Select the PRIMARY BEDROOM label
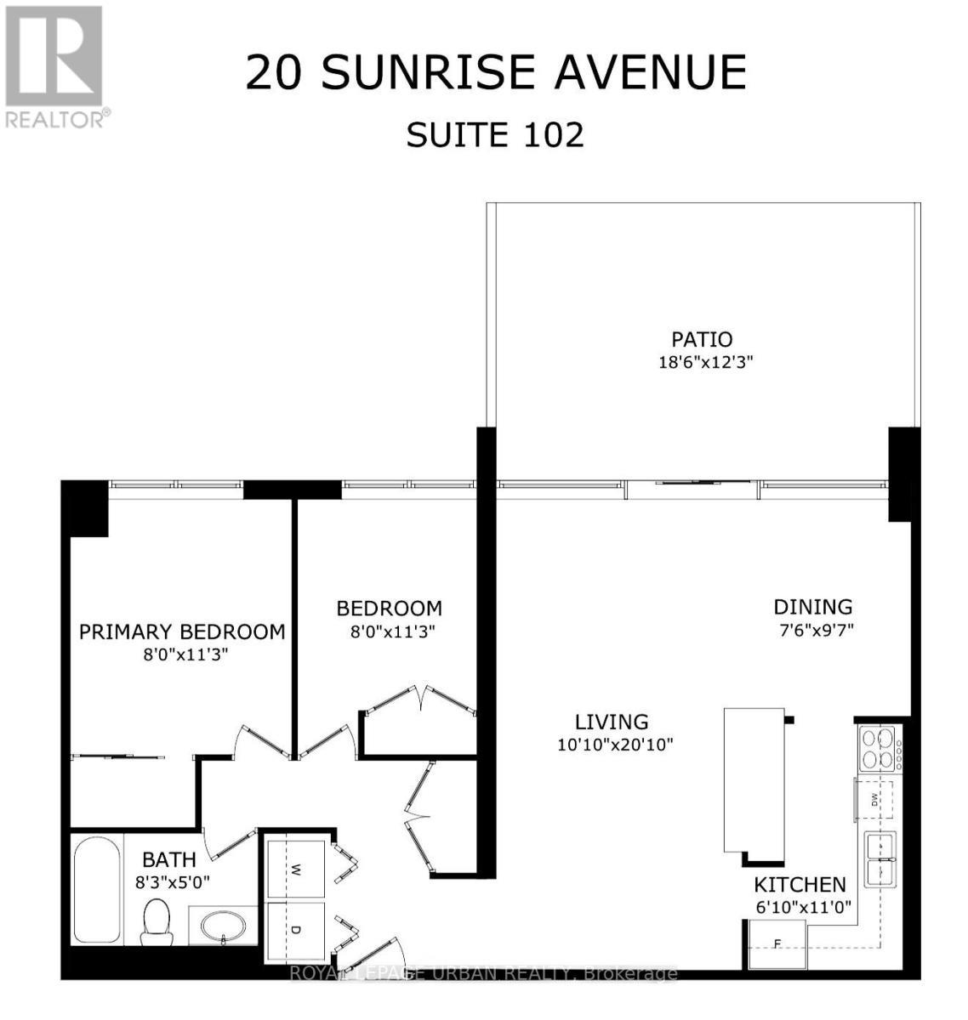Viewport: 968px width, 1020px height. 182,632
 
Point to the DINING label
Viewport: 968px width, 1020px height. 812,607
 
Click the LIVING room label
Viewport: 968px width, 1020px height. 612,722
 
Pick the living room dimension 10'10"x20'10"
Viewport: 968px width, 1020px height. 615,745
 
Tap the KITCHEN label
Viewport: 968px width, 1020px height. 800,885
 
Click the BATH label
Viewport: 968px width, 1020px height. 169,859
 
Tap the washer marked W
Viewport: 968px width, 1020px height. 295,869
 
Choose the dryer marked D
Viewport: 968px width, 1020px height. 295,930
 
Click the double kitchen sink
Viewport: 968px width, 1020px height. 880,859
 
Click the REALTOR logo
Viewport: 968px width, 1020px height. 55,66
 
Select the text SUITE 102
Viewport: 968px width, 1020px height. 495,134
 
